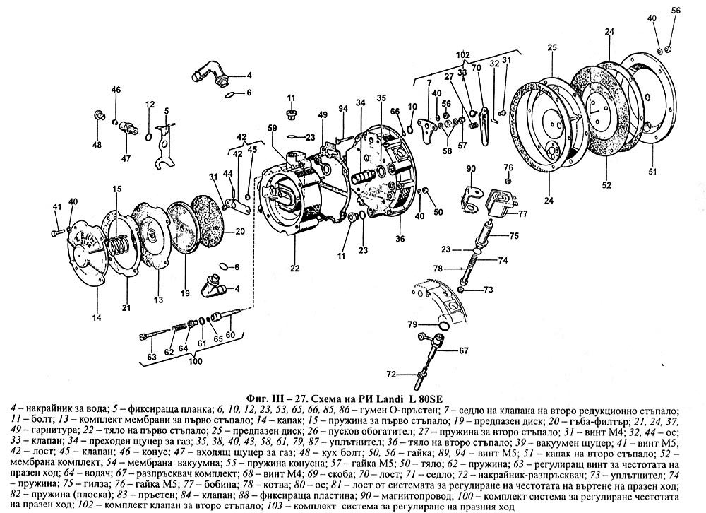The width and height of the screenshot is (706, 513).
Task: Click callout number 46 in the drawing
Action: point(116,90)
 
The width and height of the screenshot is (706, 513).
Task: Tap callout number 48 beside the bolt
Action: point(97,145)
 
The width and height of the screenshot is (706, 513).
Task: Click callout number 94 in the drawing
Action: point(344,109)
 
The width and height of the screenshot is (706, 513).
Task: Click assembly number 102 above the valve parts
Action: point(463,54)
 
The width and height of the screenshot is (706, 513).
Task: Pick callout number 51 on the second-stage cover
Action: point(653,170)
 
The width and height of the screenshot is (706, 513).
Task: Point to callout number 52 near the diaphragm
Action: point(606,187)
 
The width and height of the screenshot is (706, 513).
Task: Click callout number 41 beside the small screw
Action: point(58,206)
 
